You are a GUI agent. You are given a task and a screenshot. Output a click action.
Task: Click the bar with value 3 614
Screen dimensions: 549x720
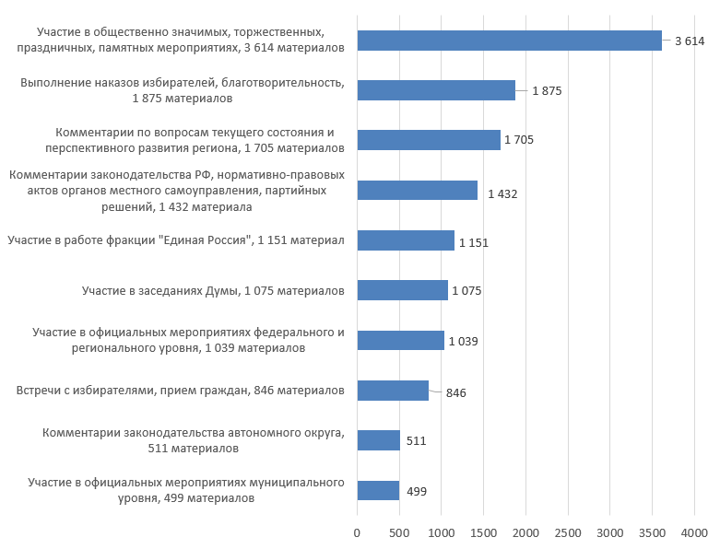(x=509, y=41)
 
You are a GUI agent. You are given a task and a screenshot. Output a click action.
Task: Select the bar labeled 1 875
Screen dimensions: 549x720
(x=436, y=90)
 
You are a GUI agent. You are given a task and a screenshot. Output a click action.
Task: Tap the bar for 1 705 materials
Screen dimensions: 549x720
(x=429, y=140)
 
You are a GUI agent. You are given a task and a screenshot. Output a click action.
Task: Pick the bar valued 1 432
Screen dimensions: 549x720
(x=417, y=191)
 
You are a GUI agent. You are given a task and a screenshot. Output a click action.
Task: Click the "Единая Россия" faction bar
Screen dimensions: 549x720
(x=406, y=240)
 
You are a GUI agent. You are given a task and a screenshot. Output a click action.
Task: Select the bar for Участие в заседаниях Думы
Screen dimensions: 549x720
(x=402, y=291)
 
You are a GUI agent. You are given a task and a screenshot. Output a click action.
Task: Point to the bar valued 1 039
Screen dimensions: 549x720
(x=400, y=341)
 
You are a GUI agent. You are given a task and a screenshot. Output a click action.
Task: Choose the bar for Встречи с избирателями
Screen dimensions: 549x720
(x=393, y=391)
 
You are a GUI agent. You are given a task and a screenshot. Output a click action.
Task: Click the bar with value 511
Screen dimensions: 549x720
(x=378, y=440)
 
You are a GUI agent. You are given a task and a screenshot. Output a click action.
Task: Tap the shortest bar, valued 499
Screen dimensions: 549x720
(x=378, y=490)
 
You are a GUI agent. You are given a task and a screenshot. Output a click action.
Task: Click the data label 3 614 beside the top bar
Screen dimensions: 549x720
(x=689, y=41)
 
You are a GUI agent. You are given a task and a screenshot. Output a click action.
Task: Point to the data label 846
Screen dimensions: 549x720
(x=455, y=393)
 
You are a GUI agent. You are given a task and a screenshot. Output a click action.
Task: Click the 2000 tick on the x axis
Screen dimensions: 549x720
(x=525, y=532)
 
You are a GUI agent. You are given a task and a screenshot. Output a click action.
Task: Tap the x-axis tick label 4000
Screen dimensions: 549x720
(x=694, y=532)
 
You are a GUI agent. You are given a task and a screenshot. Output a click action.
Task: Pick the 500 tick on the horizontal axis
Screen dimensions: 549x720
(x=399, y=532)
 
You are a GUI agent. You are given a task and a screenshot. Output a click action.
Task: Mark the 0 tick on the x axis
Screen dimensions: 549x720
(x=357, y=532)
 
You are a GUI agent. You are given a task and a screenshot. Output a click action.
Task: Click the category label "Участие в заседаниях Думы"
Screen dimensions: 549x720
(x=213, y=291)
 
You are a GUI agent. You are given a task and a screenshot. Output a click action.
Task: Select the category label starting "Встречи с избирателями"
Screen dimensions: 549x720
(x=181, y=391)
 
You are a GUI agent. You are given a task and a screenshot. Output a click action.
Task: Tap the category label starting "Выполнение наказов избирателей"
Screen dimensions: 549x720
(x=183, y=89)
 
